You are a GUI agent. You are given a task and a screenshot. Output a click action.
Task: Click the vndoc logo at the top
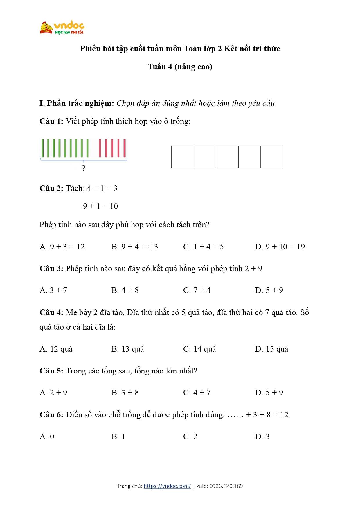pos(62,28)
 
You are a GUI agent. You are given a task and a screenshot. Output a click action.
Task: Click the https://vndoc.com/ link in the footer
pos(167,486)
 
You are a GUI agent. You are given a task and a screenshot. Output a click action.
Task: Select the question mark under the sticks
pos(84,168)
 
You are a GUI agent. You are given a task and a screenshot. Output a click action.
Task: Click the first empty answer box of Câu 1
pos(183,157)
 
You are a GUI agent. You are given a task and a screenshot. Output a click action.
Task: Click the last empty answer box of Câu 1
pos(272,157)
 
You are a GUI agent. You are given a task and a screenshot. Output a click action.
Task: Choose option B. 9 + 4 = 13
pos(135,247)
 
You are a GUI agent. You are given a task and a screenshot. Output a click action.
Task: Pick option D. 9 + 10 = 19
pos(280,247)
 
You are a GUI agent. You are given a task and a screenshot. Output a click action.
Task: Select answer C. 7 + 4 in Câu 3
pos(197,290)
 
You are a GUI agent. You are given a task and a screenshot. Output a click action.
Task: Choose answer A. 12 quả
pos(56,349)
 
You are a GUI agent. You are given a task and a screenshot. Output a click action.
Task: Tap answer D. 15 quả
pos(272,349)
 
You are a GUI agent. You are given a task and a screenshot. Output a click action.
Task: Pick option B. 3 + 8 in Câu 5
pos(125,393)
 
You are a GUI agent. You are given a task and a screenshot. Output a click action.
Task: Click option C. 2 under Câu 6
pos(190,436)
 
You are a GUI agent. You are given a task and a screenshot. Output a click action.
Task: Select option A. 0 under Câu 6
pos(47,436)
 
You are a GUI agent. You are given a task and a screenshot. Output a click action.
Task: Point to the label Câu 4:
pos(51,312)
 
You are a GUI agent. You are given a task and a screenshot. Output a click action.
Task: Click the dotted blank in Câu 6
pos(235,415)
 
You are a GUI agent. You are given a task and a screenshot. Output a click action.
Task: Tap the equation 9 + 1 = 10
pos(100,206)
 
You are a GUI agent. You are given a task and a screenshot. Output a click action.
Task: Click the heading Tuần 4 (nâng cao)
pos(180,67)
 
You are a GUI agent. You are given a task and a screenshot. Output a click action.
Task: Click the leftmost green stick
pos(43,148)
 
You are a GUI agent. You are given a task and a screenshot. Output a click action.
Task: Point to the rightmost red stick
pos(125,148)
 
